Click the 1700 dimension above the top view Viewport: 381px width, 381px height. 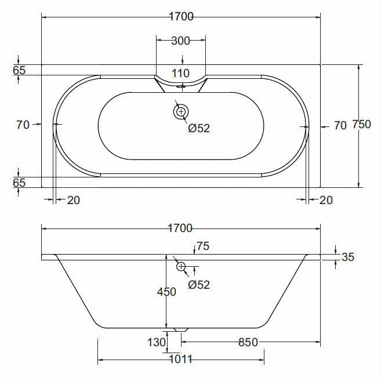[x=180, y=17]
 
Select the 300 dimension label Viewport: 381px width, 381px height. [x=181, y=41]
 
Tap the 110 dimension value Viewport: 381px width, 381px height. [x=181, y=74]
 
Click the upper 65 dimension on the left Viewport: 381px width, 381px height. [x=19, y=70]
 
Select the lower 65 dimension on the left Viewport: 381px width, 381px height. [x=19, y=182]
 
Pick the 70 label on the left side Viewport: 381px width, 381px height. [x=23, y=124]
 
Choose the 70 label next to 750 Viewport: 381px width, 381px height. [x=340, y=125]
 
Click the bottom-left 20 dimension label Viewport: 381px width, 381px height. [x=73, y=200]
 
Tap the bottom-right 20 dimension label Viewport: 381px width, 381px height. [x=326, y=200]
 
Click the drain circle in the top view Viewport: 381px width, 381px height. [x=181, y=111]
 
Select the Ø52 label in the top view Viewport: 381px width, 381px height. [x=199, y=128]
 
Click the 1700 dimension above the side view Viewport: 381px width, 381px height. [x=180, y=228]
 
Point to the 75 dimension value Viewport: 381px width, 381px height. [x=202, y=246]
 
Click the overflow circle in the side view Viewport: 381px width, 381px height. [x=181, y=267]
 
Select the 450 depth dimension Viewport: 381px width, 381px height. [x=166, y=292]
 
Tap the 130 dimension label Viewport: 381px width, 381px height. [x=157, y=343]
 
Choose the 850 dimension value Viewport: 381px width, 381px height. [x=248, y=343]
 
